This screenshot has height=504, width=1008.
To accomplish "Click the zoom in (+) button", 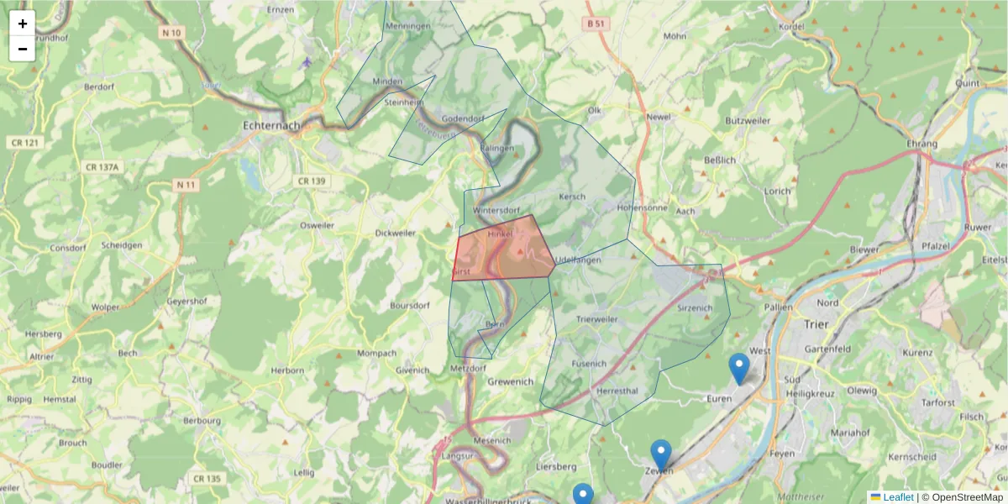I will [x=23, y=24].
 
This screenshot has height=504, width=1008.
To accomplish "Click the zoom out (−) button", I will [x=23, y=49].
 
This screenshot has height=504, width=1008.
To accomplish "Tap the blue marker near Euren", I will [x=738, y=368].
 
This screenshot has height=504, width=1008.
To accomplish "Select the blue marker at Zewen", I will [x=661, y=454].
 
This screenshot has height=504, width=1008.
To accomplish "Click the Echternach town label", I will [x=270, y=126].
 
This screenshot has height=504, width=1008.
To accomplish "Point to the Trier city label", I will [x=816, y=323].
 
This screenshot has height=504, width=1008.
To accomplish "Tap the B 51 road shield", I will [x=596, y=24].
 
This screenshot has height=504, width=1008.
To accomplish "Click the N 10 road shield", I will [x=172, y=33].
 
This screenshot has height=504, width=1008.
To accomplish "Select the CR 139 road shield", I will [x=311, y=181].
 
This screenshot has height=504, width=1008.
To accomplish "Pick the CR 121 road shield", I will [x=26, y=143].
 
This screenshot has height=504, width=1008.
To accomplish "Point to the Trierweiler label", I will [x=597, y=320].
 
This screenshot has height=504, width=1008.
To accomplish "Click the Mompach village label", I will [x=375, y=353].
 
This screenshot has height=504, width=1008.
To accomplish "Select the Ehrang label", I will [x=921, y=144].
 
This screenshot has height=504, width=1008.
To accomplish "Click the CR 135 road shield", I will [x=206, y=479].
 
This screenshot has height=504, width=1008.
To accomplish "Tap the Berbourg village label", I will [x=202, y=420].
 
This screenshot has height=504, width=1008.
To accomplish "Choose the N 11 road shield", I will [x=186, y=184].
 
